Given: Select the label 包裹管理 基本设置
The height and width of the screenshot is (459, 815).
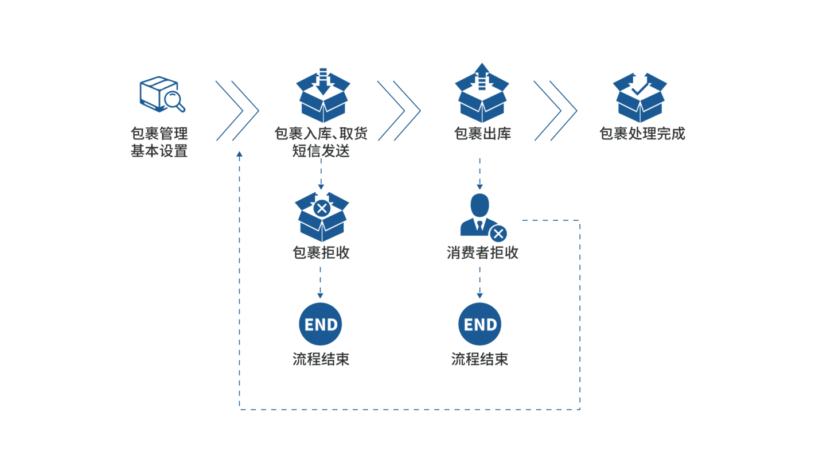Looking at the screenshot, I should (x=159, y=143).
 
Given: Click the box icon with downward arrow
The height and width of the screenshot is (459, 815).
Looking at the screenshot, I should (x=323, y=95).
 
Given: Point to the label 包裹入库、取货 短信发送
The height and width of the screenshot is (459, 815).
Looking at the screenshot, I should (x=321, y=143).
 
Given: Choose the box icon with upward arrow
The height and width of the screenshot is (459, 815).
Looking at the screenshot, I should (x=482, y=94).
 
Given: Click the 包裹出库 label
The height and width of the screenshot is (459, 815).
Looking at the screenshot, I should (x=482, y=134).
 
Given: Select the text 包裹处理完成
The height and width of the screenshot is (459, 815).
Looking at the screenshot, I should (x=642, y=134).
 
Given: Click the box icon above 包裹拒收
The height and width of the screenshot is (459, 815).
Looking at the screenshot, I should (x=322, y=216).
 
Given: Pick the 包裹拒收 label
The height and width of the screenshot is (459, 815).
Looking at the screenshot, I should (x=321, y=253).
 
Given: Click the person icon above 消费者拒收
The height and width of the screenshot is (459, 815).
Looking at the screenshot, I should (x=480, y=215).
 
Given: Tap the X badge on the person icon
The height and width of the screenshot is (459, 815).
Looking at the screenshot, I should (x=498, y=233).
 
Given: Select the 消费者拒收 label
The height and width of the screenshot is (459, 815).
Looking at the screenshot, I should (x=482, y=253).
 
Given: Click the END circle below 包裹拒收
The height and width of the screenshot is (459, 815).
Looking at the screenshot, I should (x=321, y=324).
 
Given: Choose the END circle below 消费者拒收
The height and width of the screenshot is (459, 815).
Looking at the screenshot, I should (x=480, y=324).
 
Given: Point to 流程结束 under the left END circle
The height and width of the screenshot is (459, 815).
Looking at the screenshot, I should (x=321, y=360).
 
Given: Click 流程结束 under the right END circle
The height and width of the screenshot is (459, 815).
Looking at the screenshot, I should (x=480, y=360).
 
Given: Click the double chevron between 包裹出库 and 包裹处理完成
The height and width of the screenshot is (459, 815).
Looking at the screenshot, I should (x=555, y=111).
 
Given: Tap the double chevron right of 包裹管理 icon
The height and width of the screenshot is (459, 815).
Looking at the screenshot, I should (x=237, y=111).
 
